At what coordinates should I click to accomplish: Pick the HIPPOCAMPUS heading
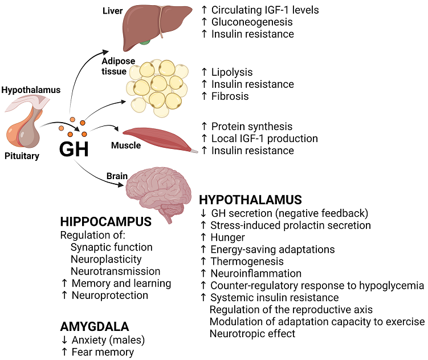pos(105,221)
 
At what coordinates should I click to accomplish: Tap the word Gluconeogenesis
pos(252,22)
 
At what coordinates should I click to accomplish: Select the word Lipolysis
pos(231,72)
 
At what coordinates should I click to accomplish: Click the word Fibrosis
pos(230,96)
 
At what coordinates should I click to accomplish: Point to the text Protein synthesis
pos(251,126)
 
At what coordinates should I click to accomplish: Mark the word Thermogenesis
pos(247,261)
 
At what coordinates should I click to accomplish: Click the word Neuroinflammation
pos(256,273)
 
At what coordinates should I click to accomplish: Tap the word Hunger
pos(227,237)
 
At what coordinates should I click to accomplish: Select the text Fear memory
pos(103,352)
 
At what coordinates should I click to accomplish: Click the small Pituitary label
pos(22,156)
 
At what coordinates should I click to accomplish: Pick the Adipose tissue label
pos(119,67)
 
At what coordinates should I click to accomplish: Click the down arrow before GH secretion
pos(203,213)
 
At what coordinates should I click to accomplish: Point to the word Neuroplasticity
pos(106,259)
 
